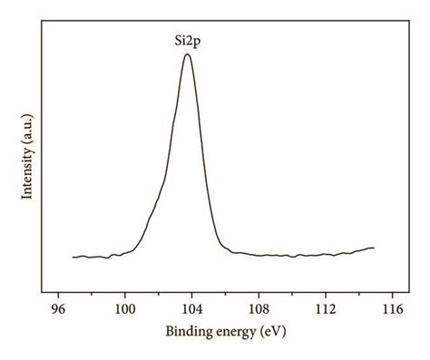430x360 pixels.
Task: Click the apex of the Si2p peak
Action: click(x=187, y=54)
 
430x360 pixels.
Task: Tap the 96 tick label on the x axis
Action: click(x=58, y=309)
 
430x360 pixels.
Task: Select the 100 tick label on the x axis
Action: click(x=125, y=309)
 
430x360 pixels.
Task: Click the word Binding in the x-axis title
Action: click(x=186, y=332)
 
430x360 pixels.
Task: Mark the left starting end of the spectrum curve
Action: click(x=73, y=258)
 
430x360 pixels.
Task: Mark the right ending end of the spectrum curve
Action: click(x=374, y=248)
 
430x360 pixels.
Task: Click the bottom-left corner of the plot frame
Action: click(x=42, y=295)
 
